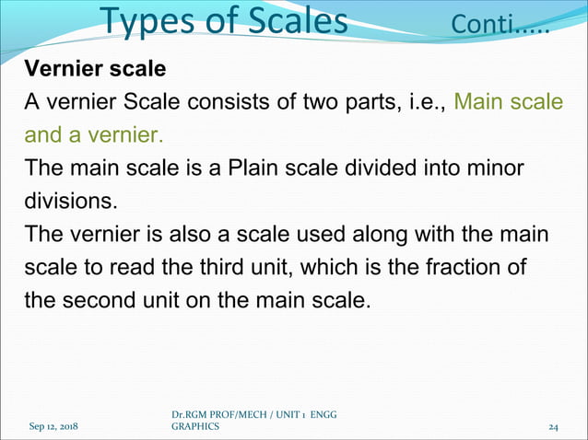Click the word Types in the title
[147, 20]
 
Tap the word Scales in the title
[293, 20]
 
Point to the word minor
[497, 168]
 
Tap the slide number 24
[555, 427]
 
